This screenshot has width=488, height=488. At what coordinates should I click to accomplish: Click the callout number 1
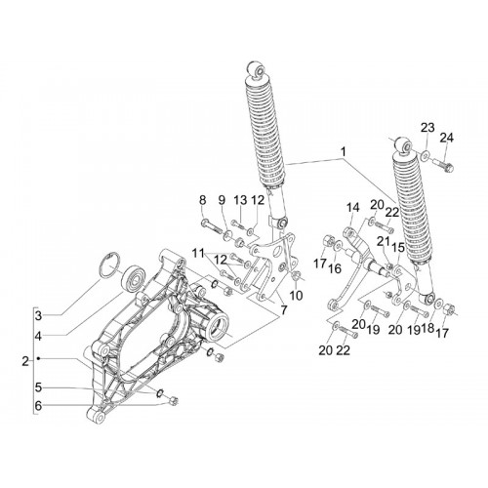click(x=344, y=151)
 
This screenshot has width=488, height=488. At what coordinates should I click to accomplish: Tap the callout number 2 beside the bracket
click(x=25, y=361)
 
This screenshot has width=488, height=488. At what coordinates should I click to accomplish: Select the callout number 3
click(x=38, y=315)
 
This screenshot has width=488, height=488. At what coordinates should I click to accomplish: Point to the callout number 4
click(x=38, y=336)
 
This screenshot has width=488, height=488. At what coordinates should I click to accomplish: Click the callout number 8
click(x=203, y=200)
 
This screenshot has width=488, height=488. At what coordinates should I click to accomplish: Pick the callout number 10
click(x=296, y=296)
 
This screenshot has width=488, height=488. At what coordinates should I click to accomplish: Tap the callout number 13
click(x=240, y=200)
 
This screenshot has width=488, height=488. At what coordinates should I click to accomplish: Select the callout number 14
click(x=352, y=208)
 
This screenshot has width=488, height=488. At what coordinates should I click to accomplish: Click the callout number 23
click(x=428, y=128)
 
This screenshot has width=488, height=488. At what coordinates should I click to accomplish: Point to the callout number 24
click(x=446, y=138)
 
